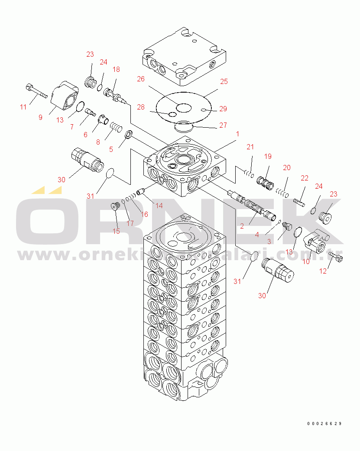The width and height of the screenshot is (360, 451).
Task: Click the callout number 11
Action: click(x=23, y=106)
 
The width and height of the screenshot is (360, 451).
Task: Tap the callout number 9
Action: click(x=40, y=117)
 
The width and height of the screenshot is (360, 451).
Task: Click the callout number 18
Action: click(x=116, y=69)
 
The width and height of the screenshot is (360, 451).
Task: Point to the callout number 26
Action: click(x=141, y=79)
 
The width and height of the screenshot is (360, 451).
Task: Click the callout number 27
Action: click(x=223, y=126)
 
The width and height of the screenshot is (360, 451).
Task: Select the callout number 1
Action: click(x=237, y=135)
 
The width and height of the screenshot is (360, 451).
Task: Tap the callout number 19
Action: click(x=267, y=156)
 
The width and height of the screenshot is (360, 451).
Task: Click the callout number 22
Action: click(x=305, y=177)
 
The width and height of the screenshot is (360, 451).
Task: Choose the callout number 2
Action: click(x=242, y=225)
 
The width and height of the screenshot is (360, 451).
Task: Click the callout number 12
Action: click(x=323, y=271)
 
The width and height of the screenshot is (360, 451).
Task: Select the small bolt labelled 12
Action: click(x=337, y=258)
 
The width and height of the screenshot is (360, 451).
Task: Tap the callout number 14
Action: click(x=159, y=206)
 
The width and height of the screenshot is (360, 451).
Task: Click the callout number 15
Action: click(x=116, y=231)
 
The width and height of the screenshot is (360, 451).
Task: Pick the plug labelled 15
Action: click(x=115, y=207)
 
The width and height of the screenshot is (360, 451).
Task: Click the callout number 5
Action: click(x=111, y=149)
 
